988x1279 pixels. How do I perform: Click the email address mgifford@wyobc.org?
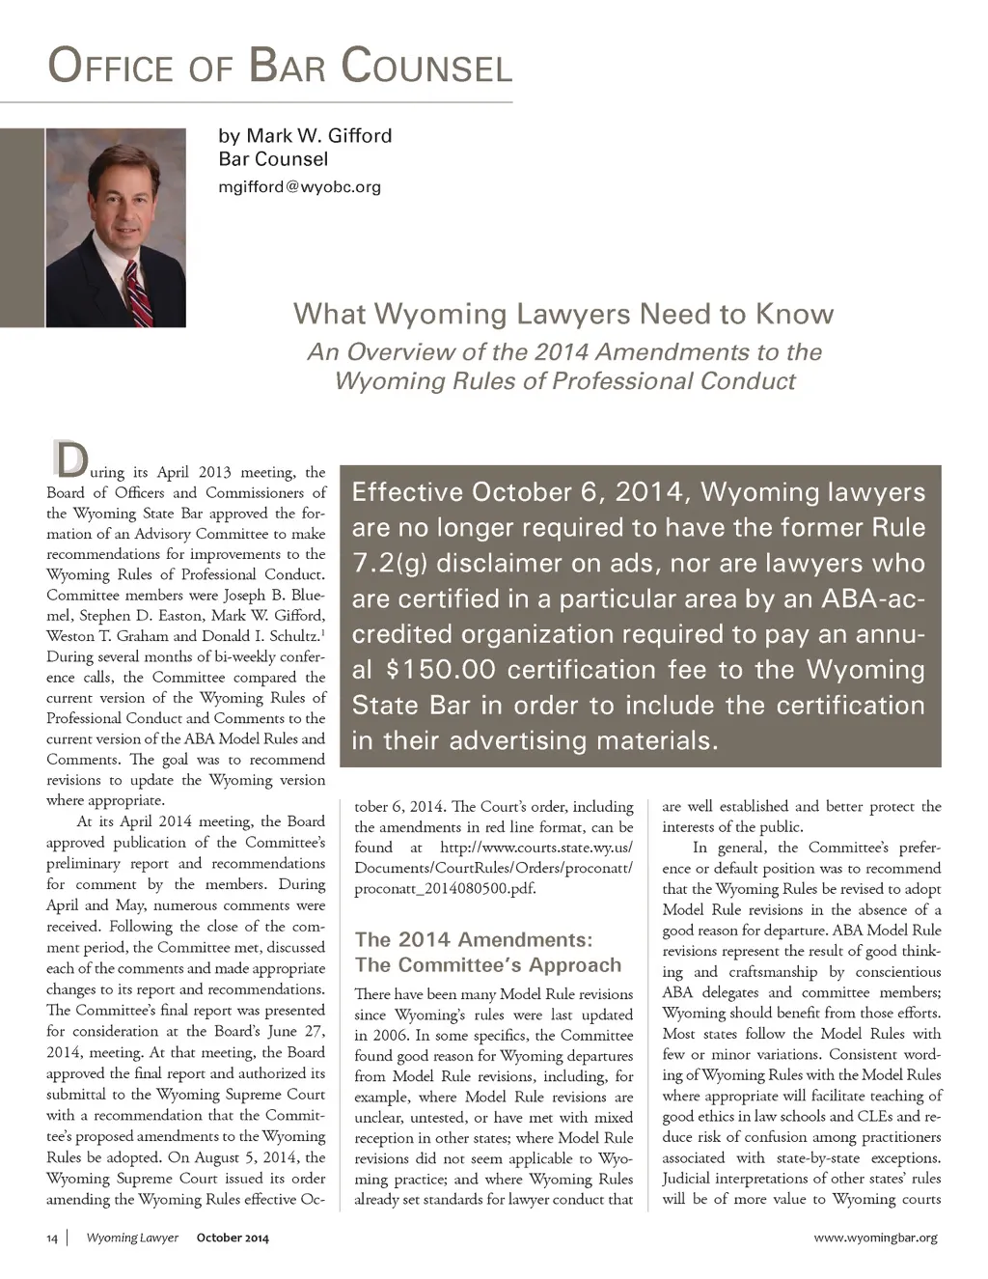tap(299, 186)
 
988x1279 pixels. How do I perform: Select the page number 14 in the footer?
tap(52, 1237)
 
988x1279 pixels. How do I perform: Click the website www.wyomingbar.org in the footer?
tap(875, 1237)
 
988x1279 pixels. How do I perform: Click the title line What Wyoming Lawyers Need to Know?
tap(563, 314)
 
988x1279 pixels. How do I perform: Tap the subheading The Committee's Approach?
tap(487, 965)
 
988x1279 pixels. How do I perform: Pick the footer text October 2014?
tap(233, 1237)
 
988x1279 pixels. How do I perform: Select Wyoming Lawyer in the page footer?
tap(132, 1237)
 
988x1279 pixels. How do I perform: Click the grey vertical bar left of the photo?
tap(22, 227)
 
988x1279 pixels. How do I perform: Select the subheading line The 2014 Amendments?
tap(473, 940)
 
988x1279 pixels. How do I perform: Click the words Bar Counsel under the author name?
tap(273, 159)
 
